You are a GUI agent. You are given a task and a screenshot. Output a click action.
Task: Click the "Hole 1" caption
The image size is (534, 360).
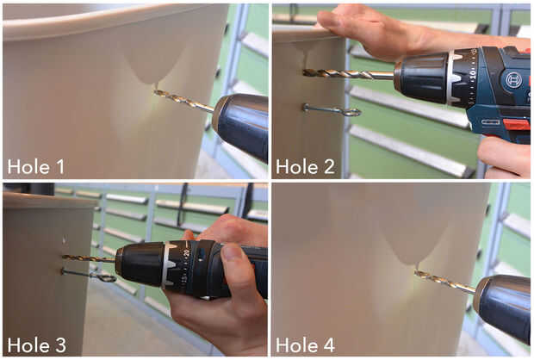36,166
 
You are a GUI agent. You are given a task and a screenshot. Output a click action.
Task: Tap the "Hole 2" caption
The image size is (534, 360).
305,166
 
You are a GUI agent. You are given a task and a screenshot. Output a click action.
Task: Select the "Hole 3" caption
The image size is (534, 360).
36,345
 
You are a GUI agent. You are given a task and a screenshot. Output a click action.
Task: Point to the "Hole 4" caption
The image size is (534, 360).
305,345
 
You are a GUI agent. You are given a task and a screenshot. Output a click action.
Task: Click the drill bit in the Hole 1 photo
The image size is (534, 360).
184,101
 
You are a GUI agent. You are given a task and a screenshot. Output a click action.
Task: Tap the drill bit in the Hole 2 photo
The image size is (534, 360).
348,73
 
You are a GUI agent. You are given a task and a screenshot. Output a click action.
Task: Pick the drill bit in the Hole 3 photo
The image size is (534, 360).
90,258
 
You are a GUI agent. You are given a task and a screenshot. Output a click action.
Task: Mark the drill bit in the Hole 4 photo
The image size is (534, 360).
444,282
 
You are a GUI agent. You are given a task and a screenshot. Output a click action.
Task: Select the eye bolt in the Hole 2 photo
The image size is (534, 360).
332,110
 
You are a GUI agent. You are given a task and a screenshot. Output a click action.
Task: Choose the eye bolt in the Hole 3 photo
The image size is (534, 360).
90,275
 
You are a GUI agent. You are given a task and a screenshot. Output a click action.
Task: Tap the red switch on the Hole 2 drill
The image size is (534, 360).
516,125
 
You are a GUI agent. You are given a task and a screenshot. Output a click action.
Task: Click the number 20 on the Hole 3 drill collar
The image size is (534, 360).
186,252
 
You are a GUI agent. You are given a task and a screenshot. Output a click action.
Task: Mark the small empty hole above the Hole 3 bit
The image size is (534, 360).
64,240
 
